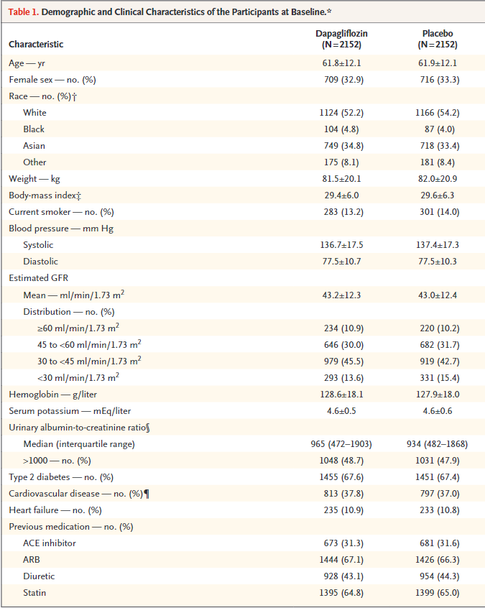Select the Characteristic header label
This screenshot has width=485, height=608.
click(36, 45)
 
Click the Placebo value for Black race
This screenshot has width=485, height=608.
click(438, 129)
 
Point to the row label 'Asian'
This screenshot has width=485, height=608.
click(34, 146)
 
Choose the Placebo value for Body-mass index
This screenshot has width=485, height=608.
click(438, 195)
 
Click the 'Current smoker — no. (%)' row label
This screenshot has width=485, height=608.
click(60, 212)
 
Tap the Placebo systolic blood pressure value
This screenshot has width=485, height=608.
click(438, 245)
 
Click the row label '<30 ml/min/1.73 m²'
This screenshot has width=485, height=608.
click(78, 377)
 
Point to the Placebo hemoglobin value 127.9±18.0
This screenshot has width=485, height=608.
click(438, 395)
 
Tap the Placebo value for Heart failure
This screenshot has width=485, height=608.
click(438, 510)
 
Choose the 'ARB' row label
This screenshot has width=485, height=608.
click(32, 560)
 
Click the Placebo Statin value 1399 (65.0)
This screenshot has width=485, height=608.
click(438, 593)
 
